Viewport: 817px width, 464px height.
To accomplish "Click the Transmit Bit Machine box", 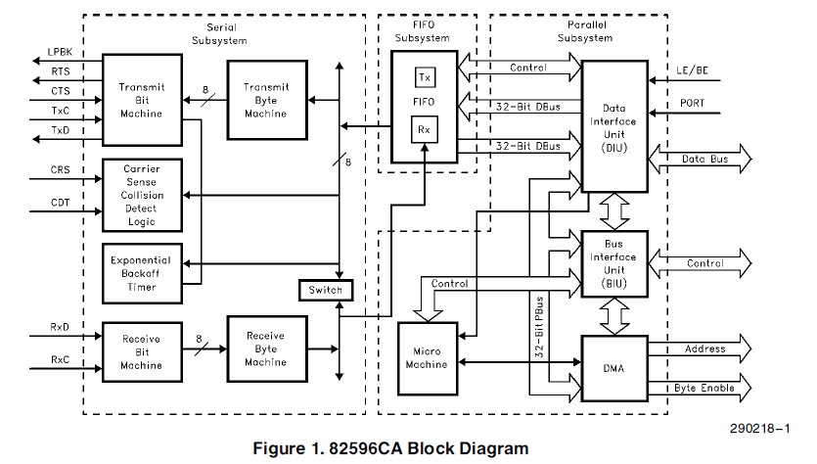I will click(x=141, y=100).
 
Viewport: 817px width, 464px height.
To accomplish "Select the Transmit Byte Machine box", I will click(x=266, y=100).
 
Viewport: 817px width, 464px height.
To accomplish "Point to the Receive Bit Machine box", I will click(x=141, y=351).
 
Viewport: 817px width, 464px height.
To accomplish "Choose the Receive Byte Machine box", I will click(x=266, y=348).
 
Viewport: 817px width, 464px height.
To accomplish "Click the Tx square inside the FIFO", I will click(x=425, y=77).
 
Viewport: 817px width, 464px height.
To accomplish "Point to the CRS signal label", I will click(x=61, y=169).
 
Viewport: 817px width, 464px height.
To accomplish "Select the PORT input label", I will click(x=693, y=102).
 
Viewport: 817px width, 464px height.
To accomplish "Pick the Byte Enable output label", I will click(x=705, y=389).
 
